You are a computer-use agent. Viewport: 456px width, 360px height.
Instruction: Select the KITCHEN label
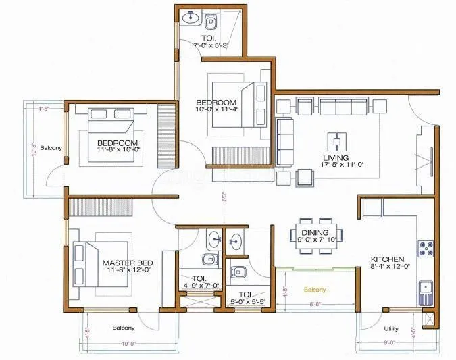[387, 259]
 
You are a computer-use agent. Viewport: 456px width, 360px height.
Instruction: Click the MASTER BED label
[127, 262]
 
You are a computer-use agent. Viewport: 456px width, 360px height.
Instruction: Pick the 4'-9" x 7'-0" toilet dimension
[201, 286]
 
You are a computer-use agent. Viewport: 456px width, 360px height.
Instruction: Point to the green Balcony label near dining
[315, 289]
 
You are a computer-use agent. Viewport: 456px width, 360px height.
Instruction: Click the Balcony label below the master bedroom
[123, 328]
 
